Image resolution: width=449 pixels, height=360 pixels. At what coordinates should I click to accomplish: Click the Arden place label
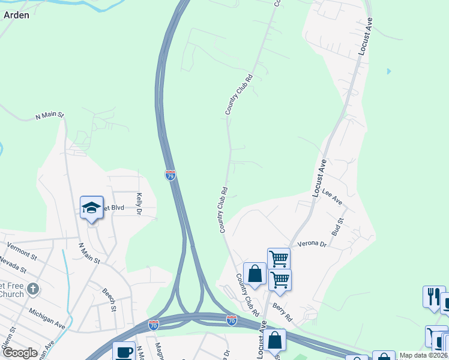coord(16,16)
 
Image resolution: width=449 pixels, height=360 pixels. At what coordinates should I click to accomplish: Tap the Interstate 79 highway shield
coord(170,175)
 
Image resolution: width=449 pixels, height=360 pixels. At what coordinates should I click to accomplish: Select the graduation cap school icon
coord(91,208)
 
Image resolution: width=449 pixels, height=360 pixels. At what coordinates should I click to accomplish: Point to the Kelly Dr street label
coord(139,204)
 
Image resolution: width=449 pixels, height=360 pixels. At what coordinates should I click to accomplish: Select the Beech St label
coord(109,299)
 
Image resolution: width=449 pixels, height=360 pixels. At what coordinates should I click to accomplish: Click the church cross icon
coord(34,289)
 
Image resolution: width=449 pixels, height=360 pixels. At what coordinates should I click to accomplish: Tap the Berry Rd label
coord(282,311)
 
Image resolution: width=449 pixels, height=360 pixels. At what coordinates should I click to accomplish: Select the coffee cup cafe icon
coord(125,352)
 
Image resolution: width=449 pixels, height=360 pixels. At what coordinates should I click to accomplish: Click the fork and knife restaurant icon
coord(433,296)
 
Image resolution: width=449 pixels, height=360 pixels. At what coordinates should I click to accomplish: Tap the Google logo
coord(20,353)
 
